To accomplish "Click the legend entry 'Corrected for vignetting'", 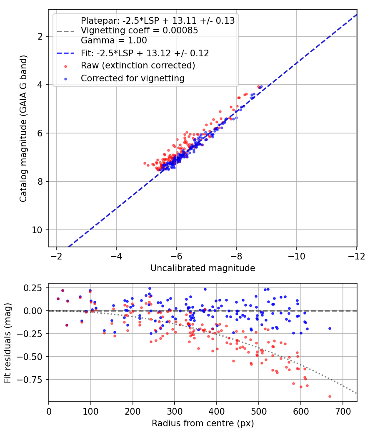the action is (132, 78).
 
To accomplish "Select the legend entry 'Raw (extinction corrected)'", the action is (138, 65).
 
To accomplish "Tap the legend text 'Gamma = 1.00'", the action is (114, 40).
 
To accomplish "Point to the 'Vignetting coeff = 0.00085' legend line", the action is (139, 30).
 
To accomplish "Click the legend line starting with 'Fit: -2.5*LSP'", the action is (145, 53).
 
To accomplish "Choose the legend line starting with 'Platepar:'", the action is (157, 21).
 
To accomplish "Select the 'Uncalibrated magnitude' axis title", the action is (203, 268).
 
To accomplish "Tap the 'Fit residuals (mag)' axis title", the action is (7, 343).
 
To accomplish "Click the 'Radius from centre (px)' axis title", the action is (203, 423).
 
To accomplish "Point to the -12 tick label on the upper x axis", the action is (356, 256).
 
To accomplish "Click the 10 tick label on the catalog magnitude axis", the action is (37, 230).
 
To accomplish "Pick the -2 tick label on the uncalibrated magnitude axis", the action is (56, 256).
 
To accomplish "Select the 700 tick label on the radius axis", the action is (343, 411).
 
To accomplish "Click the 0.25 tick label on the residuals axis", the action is (32, 288).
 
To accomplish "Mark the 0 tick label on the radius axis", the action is (49, 411).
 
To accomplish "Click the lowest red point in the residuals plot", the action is (330, 396).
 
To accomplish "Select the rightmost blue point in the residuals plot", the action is (330, 329).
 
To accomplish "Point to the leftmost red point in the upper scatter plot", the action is (145, 163).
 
